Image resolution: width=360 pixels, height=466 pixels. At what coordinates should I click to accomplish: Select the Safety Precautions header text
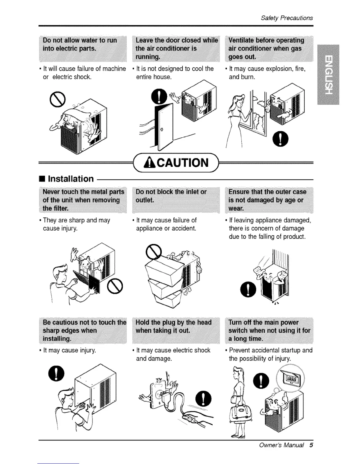[287, 18]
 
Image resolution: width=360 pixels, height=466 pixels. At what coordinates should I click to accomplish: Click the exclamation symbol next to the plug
[205, 397]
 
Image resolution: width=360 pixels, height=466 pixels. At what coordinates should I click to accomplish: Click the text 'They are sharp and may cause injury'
[76, 224]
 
